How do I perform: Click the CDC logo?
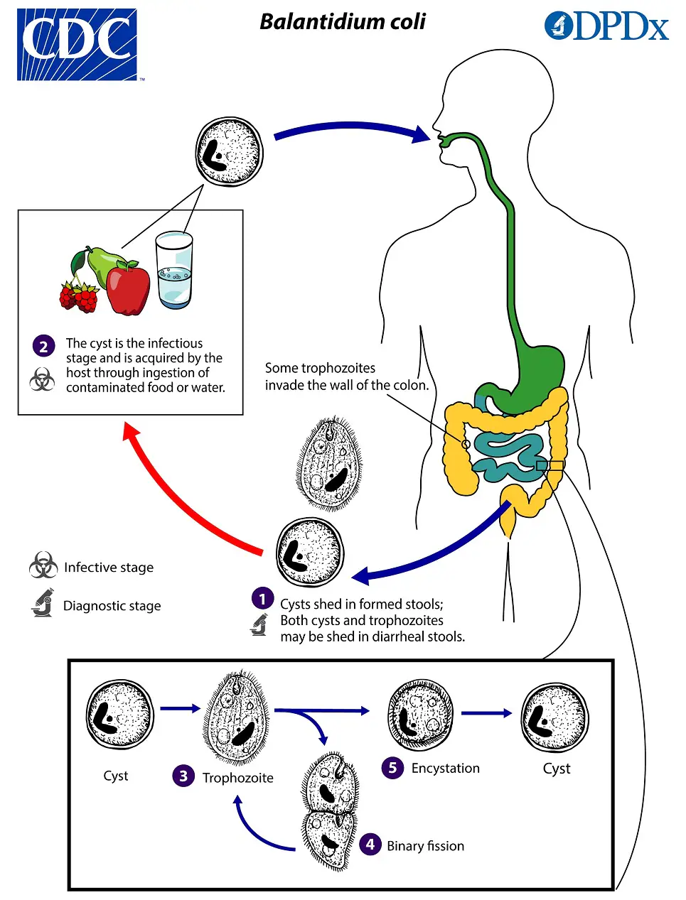77,44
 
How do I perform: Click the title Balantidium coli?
342,22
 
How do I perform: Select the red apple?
129,288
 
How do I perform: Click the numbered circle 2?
43,346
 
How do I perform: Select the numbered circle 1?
262,598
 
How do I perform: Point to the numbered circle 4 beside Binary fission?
370,845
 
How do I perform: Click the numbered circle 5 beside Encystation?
392,768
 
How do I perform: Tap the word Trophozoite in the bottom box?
237,778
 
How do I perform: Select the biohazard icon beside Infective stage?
43,565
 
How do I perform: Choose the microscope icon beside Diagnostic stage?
43,604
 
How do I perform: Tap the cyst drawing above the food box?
229,152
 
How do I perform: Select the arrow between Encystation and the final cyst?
487,713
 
